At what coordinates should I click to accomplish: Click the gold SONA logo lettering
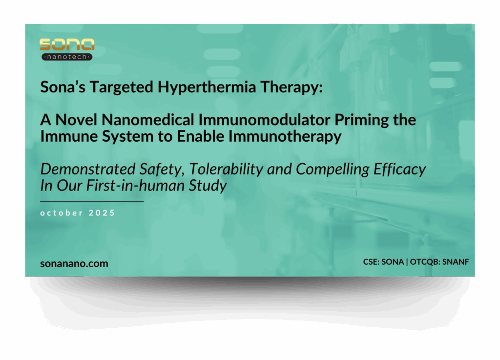point(67,45)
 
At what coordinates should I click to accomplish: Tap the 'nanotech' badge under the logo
point(67,57)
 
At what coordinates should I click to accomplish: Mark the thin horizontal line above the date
point(92,201)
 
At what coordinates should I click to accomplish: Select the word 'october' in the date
point(61,213)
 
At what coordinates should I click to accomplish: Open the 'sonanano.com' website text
point(74,263)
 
